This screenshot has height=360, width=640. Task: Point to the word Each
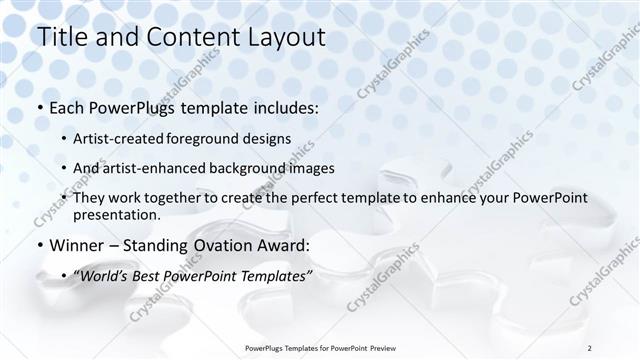67,107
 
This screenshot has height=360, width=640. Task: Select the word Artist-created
119,138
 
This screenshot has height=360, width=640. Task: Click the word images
308,168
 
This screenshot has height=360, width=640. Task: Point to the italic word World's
103,275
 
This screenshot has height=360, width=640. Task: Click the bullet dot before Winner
39,245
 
